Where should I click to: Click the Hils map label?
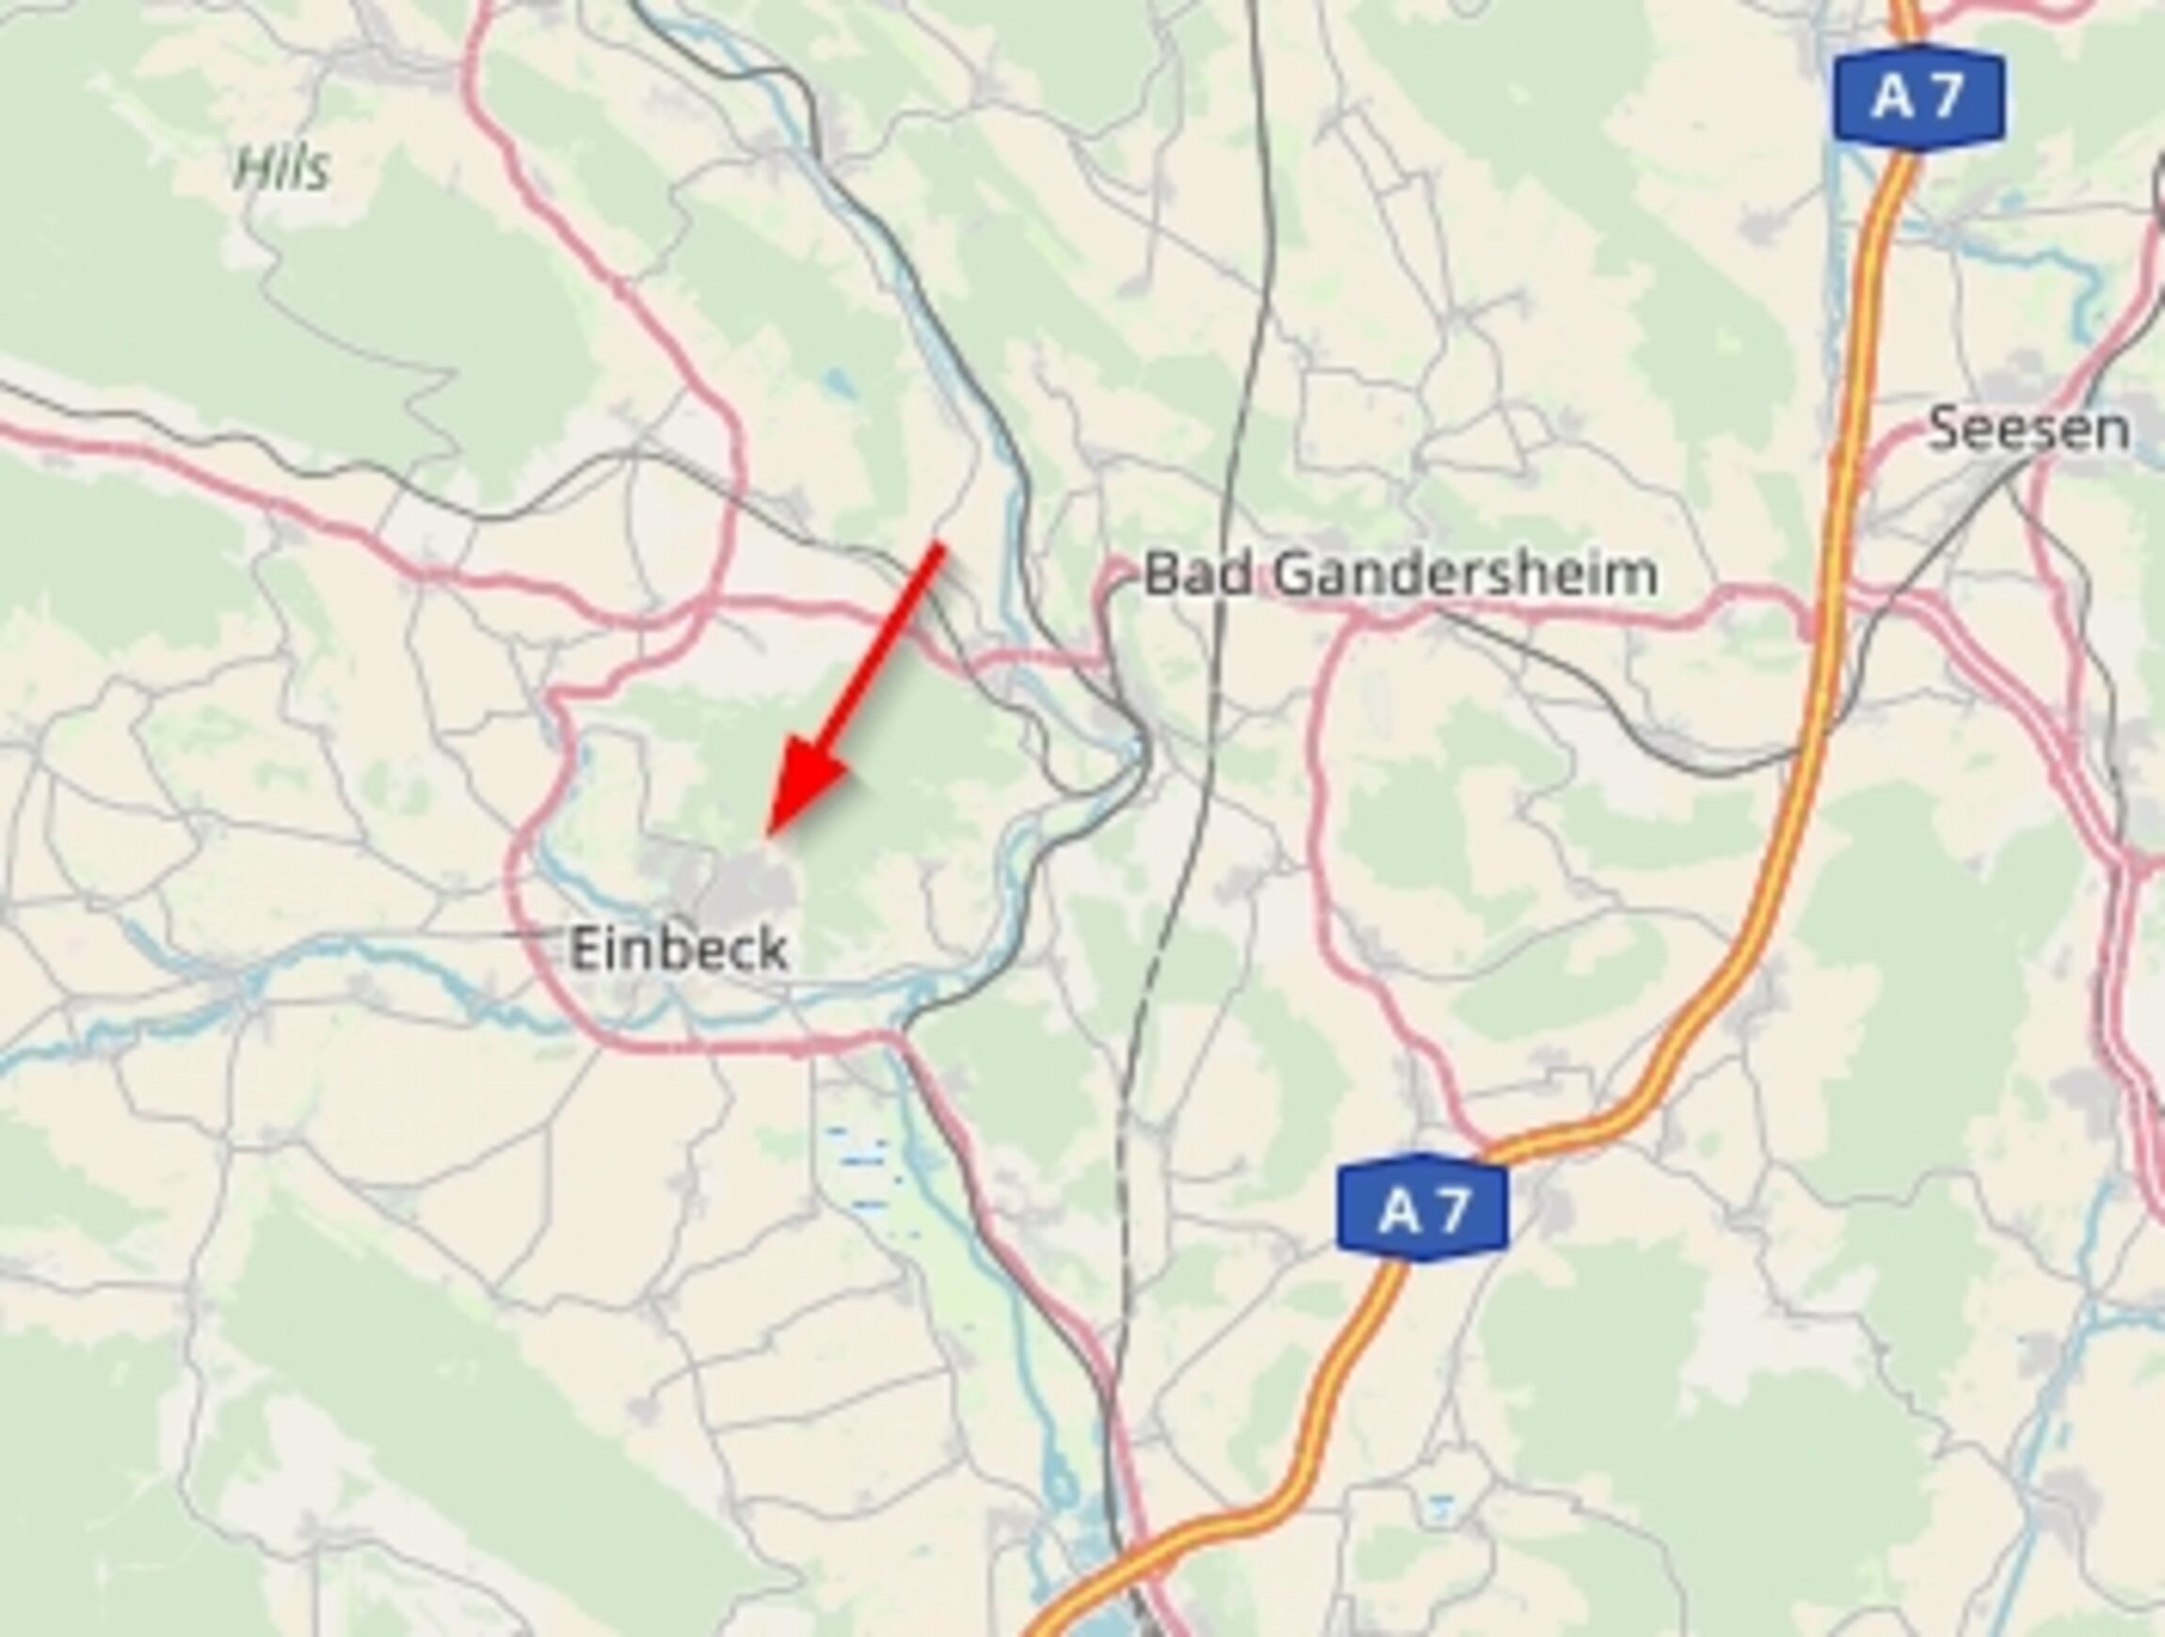(x=281, y=169)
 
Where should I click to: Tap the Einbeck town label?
(x=679, y=949)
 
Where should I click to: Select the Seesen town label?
(x=2028, y=430)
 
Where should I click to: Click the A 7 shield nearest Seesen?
(x=1919, y=98)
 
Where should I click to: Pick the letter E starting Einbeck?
(x=585, y=949)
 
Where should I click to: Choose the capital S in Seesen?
(x=1946, y=430)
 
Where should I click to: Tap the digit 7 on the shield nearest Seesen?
(x=1947, y=98)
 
